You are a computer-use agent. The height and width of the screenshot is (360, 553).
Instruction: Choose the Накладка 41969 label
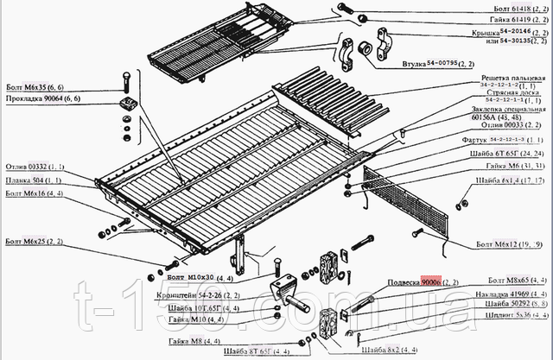510,295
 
